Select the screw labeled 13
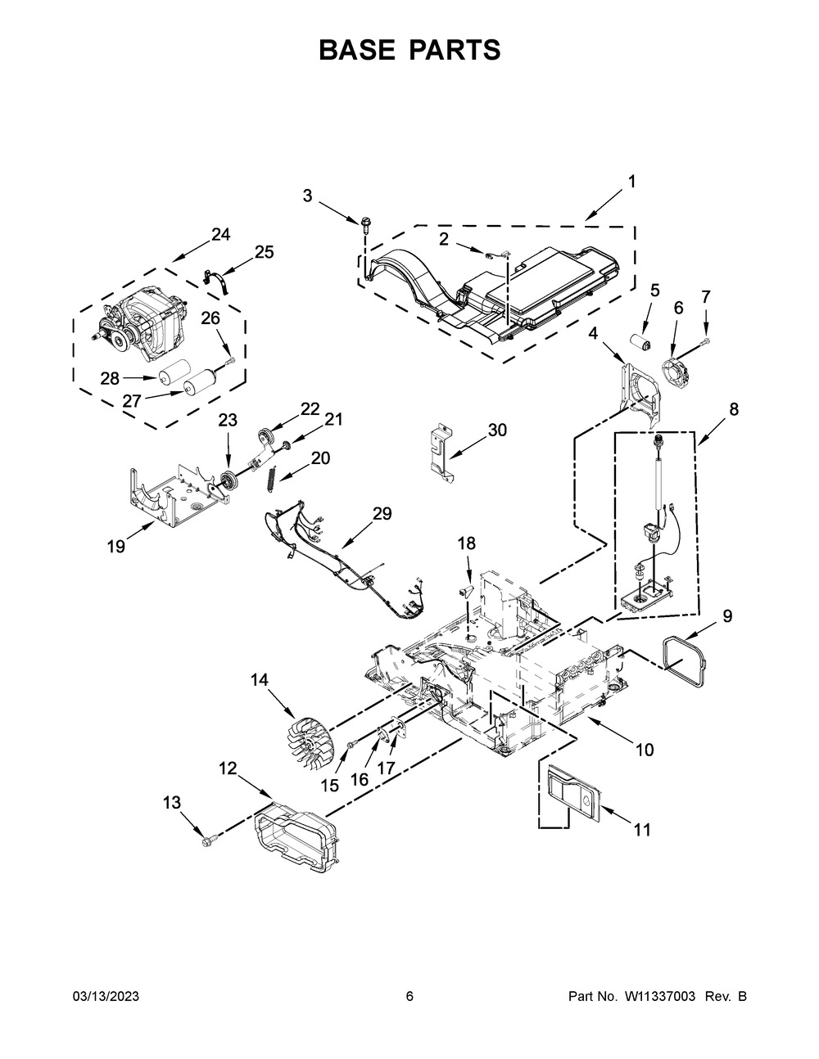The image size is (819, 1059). pyautogui.click(x=206, y=837)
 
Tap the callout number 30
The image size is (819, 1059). pyautogui.click(x=497, y=430)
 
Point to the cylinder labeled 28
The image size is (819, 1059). pyautogui.click(x=173, y=373)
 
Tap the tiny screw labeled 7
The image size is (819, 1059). pyautogui.click(x=706, y=339)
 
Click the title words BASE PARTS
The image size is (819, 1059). pyautogui.click(x=409, y=50)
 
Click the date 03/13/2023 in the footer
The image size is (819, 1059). pyautogui.click(x=106, y=996)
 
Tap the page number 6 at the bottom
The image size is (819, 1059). pyautogui.click(x=409, y=996)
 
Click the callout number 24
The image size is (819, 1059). pyautogui.click(x=220, y=235)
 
